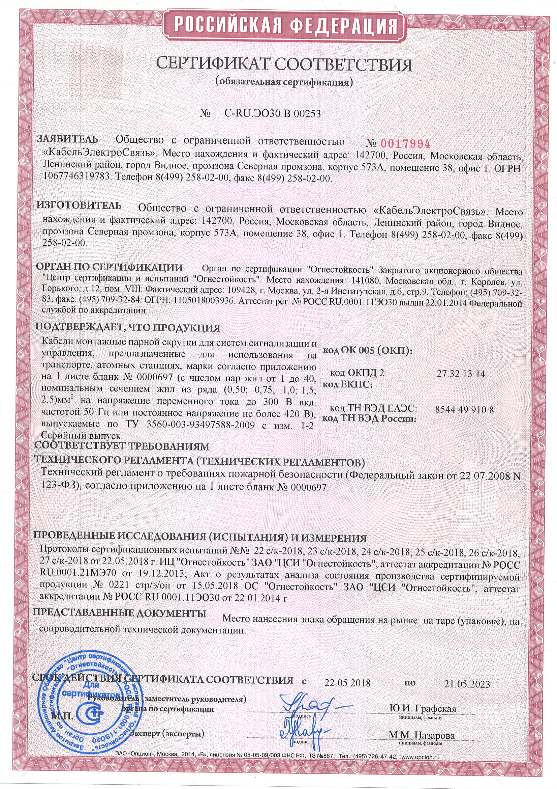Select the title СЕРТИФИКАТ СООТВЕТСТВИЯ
[284, 64]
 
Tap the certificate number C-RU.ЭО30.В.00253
[273, 113]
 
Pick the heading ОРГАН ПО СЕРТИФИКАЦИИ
[109, 267]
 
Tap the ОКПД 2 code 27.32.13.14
[461, 374]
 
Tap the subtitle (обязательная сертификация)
[284, 82]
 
